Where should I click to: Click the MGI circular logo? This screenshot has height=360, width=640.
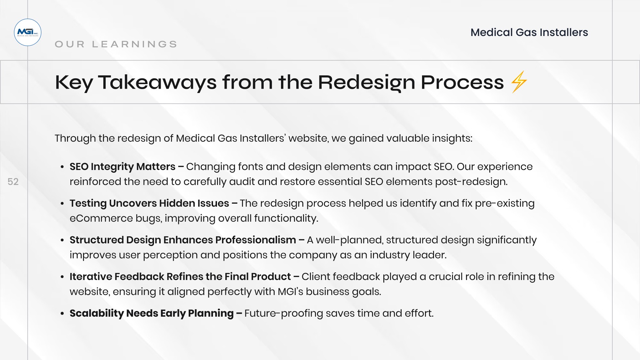point(28,32)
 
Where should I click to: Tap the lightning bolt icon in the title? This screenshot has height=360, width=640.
point(519,82)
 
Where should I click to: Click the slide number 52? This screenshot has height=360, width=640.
point(13,182)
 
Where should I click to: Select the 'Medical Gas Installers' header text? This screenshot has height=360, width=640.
point(529,32)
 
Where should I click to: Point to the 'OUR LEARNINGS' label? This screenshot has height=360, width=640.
point(116,44)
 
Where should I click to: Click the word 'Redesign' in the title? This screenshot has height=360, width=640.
point(366,83)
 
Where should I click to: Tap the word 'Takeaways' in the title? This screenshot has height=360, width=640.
point(157,83)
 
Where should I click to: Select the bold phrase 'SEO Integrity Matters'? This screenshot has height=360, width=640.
point(122,167)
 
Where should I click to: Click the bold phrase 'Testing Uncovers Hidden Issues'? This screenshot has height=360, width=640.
point(149,203)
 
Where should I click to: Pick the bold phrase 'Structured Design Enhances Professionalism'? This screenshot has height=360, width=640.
point(183,240)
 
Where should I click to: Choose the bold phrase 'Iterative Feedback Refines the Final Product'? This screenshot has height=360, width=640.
point(180,277)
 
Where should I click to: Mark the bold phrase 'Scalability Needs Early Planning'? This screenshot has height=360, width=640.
point(152,313)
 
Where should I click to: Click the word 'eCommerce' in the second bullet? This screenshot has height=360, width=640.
point(101,218)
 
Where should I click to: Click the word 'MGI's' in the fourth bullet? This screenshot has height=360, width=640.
point(290,292)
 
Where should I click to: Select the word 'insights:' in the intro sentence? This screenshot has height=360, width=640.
point(452,139)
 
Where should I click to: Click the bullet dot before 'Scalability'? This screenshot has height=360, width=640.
point(62,314)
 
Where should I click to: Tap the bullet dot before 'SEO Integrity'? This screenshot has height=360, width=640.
point(62,167)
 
